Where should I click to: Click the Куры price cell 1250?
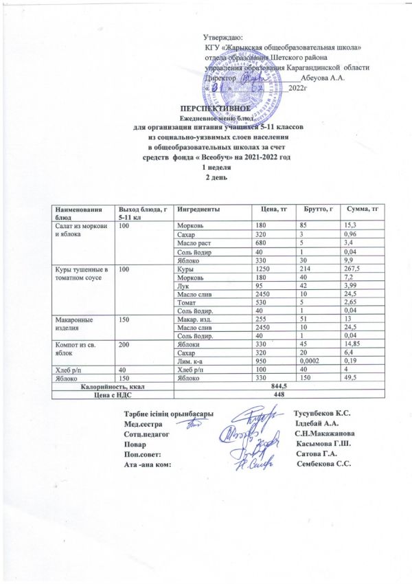[x=262, y=269]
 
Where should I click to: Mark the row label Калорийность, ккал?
[x=111, y=387]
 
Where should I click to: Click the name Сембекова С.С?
[x=323, y=465]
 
